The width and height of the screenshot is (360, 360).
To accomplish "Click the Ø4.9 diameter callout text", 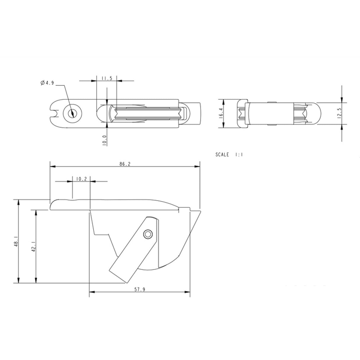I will (47, 83).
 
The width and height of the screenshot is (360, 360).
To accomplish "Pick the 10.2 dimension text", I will (81, 179).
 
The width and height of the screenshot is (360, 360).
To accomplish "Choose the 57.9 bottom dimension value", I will (140, 289).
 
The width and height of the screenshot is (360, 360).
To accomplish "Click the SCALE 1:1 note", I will (229, 154).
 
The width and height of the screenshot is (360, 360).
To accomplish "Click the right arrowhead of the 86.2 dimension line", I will (197, 167).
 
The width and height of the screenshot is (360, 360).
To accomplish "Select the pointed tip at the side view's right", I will (200, 211).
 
